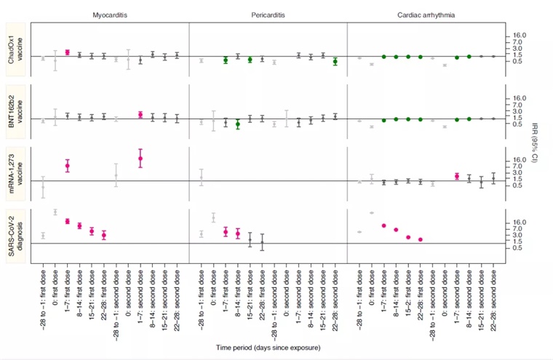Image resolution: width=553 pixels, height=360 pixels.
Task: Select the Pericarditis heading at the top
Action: coord(268,15)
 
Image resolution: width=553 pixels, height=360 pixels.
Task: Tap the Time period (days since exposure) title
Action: coord(268,350)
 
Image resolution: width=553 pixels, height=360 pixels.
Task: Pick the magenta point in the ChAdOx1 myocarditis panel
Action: coord(67,52)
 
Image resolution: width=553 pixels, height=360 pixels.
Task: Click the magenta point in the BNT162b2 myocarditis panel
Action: coord(140,114)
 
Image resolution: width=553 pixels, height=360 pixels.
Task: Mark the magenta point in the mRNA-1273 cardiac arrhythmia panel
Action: coord(457,176)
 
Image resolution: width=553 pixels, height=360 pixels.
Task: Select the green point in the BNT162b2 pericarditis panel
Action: coord(238,124)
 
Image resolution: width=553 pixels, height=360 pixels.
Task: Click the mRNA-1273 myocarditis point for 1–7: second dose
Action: coord(140,158)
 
